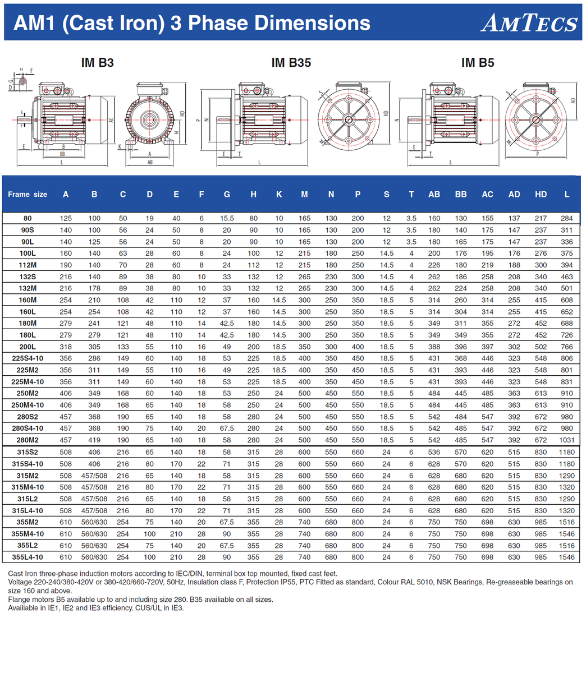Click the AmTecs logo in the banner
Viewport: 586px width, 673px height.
tap(529, 23)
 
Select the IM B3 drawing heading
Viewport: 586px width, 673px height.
tap(98, 63)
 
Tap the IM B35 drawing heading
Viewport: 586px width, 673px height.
tap(291, 63)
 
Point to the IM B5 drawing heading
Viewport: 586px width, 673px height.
tap(478, 63)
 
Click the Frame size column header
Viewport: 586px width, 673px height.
tap(28, 195)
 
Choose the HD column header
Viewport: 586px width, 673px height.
tap(541, 195)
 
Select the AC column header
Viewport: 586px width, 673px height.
tap(487, 195)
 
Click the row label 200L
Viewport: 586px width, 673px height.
tap(28, 347)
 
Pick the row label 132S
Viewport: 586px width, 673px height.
tap(28, 277)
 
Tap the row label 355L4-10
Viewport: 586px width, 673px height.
tap(28, 557)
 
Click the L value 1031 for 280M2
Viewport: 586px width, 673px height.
tap(567, 441)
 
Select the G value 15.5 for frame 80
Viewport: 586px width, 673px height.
tap(227, 219)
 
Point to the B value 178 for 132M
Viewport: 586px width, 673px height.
tap(94, 289)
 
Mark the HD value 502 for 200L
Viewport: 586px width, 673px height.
tap(541, 347)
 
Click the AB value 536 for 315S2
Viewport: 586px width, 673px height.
tap(434, 453)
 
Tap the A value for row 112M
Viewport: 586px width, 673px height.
tap(66, 265)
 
